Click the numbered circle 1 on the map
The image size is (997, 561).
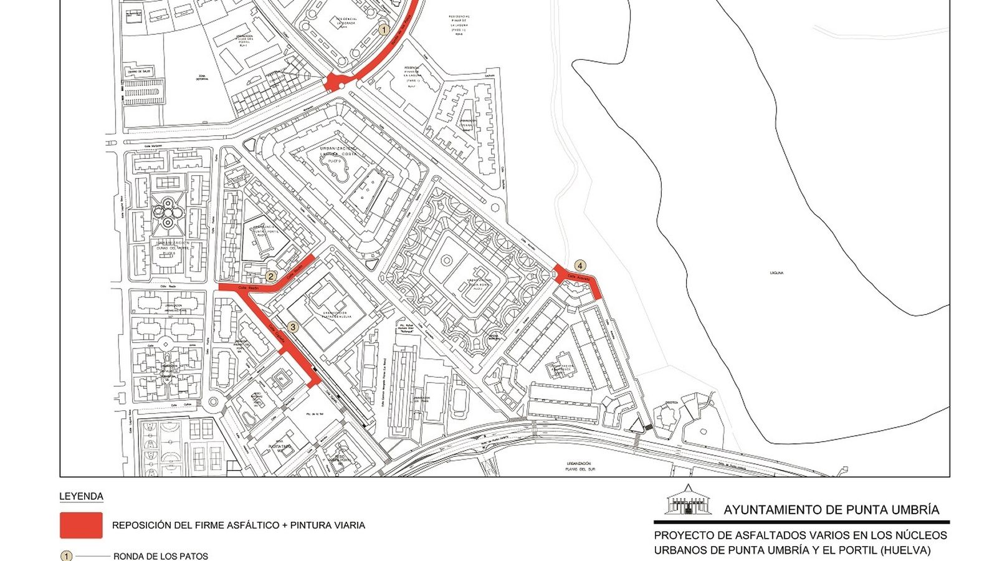point(384,29)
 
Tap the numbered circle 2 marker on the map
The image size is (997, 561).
point(271,276)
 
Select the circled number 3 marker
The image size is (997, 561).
point(293,327)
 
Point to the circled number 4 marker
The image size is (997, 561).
point(580,266)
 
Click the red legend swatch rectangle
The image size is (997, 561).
point(81,525)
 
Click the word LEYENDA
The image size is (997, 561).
point(81,497)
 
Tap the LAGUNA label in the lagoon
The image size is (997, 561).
point(776,273)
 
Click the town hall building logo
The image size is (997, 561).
point(688,501)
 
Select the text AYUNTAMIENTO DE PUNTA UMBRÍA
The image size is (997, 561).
point(831,510)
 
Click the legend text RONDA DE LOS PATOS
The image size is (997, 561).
point(161,556)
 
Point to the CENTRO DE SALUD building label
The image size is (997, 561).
point(139,72)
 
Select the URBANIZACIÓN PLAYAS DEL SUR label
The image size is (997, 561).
point(579,466)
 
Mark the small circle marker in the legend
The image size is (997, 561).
point(66,556)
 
